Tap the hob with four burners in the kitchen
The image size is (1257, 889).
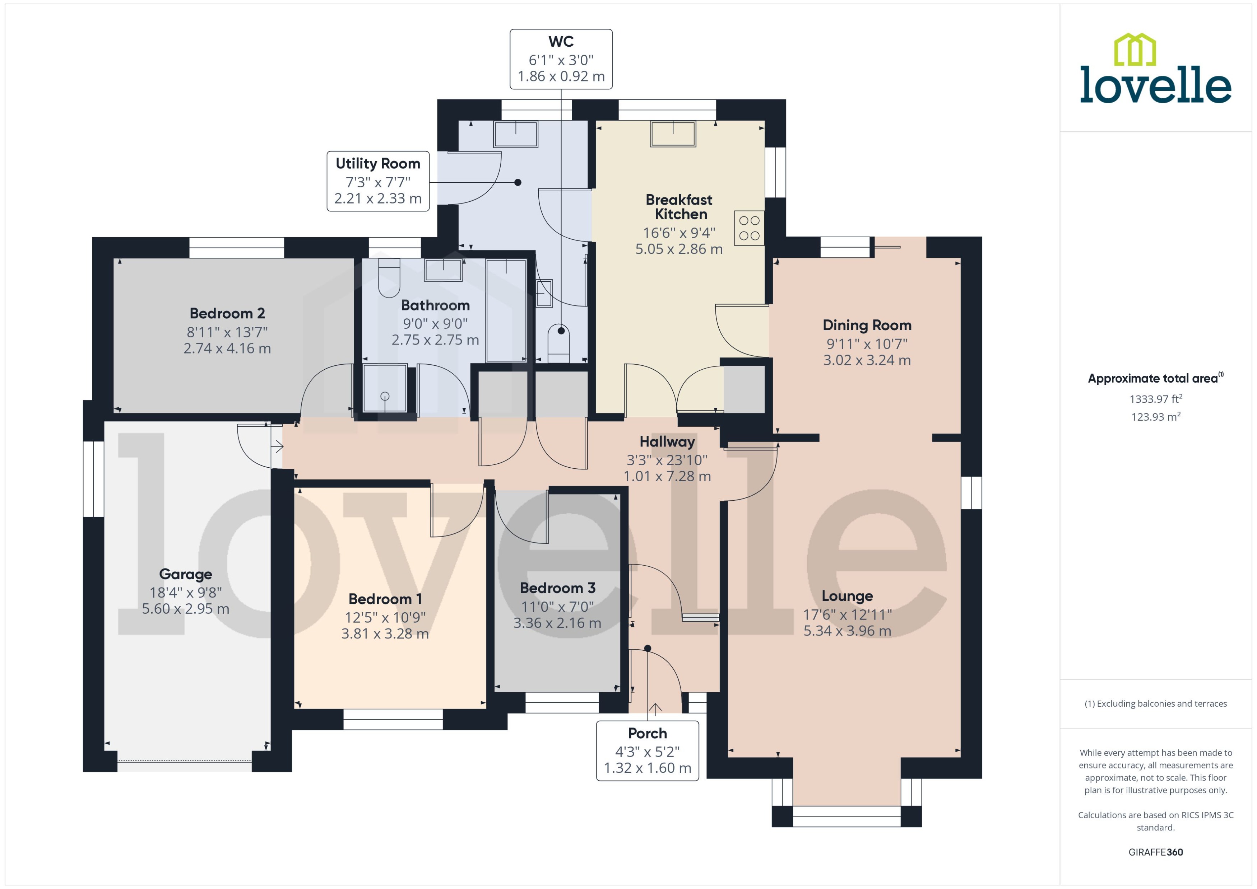749,228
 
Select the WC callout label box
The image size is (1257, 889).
561,59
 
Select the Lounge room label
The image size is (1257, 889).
847,596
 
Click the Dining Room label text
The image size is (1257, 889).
867,325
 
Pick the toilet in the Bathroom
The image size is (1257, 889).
389,279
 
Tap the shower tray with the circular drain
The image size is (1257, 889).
385,388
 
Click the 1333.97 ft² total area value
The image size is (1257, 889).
1155,399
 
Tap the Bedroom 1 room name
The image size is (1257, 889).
385,599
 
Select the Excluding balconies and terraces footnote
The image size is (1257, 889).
1155,704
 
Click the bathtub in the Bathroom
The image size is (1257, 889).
506,310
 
